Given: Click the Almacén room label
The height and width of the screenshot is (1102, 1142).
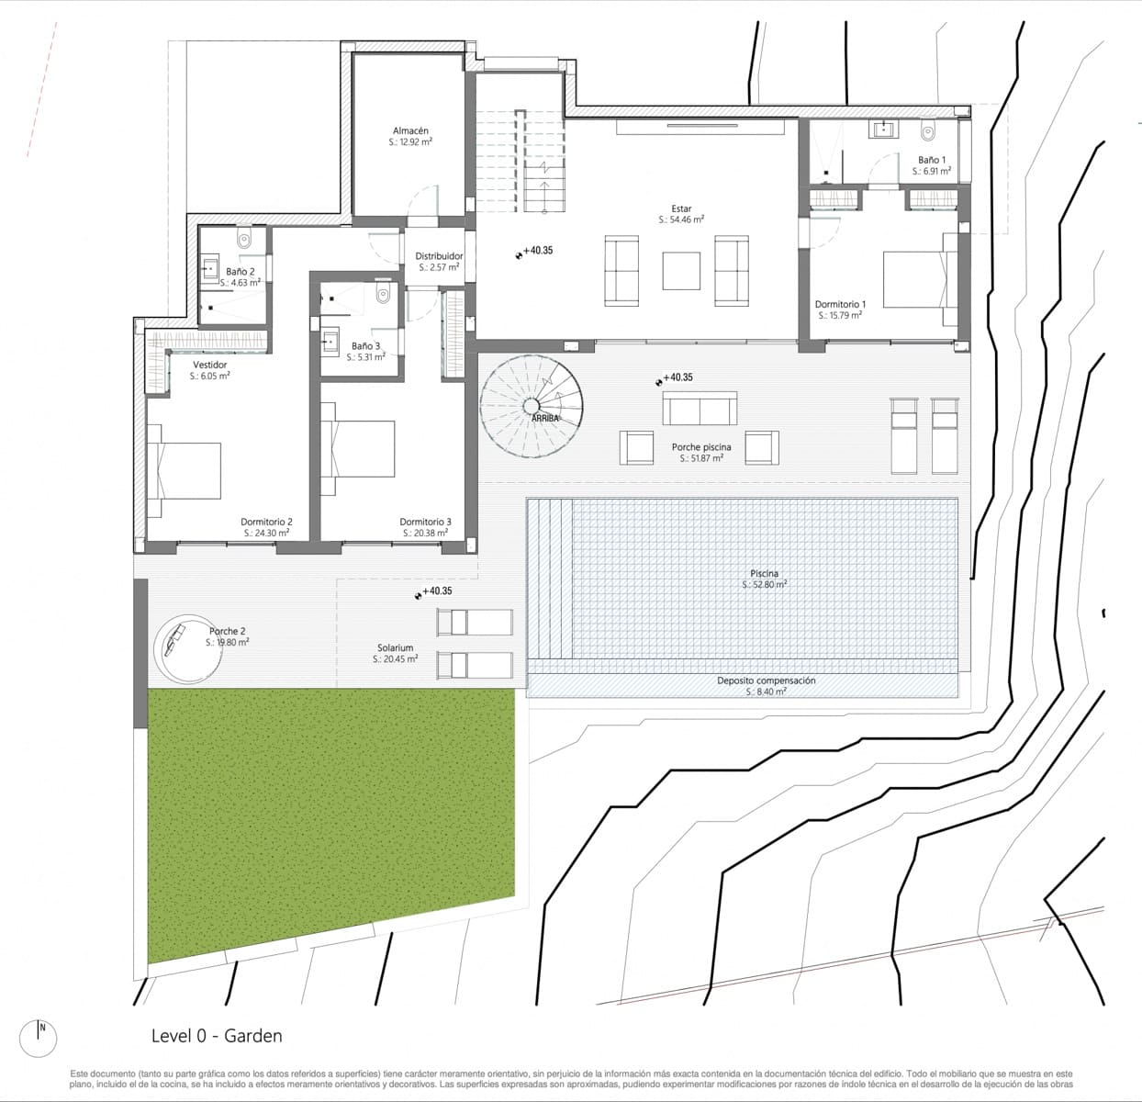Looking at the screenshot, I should (x=410, y=131).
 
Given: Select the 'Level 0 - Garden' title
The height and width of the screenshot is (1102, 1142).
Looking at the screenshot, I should (x=217, y=1036).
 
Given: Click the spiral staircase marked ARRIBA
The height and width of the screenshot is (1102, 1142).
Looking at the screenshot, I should (x=532, y=406).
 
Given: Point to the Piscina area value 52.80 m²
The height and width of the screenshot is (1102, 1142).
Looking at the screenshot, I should (x=764, y=584).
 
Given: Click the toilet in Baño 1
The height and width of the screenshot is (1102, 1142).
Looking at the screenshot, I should (x=927, y=131).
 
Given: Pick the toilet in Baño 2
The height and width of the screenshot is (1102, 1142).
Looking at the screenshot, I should (x=243, y=240).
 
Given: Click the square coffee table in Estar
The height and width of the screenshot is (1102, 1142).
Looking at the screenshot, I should (x=681, y=271).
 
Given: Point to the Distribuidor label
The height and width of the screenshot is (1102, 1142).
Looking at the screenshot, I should (x=439, y=256).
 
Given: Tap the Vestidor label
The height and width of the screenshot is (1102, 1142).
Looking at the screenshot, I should (x=209, y=365).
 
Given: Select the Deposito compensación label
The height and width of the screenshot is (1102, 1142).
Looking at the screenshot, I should (x=766, y=680).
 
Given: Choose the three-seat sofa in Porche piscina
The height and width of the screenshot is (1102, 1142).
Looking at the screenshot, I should (x=700, y=409).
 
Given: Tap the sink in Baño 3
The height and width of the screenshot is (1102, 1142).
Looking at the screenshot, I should (x=330, y=340).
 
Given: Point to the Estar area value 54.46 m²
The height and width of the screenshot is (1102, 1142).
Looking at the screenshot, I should (x=681, y=220).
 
